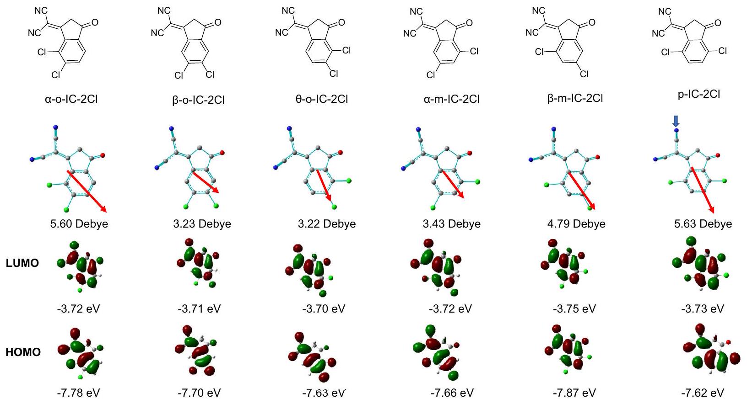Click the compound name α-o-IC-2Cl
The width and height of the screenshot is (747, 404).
point(71,99)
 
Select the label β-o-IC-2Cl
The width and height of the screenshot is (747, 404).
point(198,100)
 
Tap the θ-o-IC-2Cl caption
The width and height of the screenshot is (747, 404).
point(321,99)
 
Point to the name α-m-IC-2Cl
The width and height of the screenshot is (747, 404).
point(451,99)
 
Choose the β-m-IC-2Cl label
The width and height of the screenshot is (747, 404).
point(575,98)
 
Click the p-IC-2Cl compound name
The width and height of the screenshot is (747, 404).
point(699,94)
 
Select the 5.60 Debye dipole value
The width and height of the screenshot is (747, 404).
point(79,224)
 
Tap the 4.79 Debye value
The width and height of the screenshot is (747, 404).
point(576,224)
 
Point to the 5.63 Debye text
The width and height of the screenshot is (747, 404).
point(703,224)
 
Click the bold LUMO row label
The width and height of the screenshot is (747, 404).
point(22,263)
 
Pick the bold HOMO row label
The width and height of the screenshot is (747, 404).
point(23,352)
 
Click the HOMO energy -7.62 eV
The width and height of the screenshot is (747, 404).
point(703,393)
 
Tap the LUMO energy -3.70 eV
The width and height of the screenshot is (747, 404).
point(324,309)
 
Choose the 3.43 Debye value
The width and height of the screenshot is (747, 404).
point(451,224)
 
